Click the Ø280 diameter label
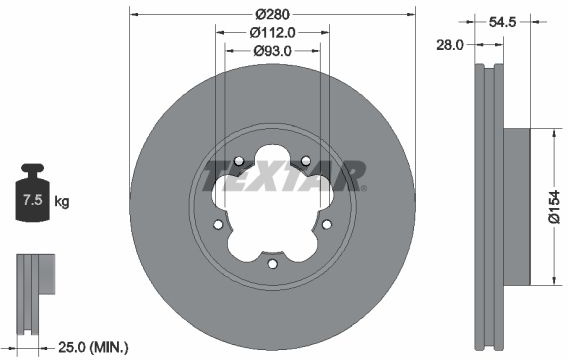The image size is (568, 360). coord(272,14)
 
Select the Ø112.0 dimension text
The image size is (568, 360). coord(272,33)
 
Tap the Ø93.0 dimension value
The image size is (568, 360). coord(272,51)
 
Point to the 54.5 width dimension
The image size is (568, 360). coord(502,22)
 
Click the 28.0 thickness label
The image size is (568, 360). coord(450,45)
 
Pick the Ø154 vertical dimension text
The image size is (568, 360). coord(554,207)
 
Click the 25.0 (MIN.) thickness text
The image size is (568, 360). coord(93,348)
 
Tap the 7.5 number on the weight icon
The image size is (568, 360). coord(33,200)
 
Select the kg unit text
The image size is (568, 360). coord(62,201)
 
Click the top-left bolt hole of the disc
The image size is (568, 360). coord(239,161)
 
